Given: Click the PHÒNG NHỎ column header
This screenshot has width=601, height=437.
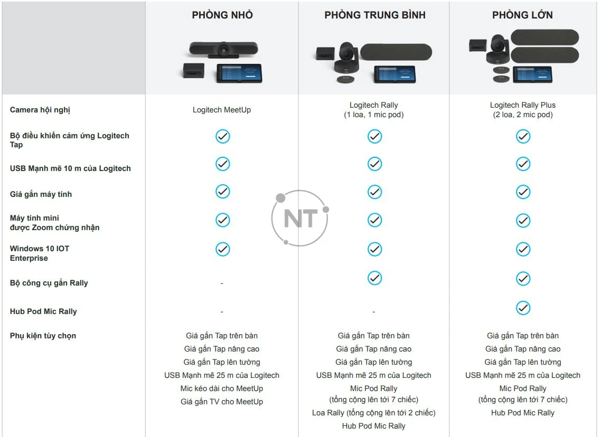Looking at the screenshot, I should (x=222, y=15).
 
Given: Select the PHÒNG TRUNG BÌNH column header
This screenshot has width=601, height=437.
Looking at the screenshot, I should (x=374, y=15).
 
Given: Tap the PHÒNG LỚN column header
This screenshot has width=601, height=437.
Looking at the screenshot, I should (x=522, y=15).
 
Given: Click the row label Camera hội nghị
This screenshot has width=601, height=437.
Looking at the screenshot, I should (x=40, y=110).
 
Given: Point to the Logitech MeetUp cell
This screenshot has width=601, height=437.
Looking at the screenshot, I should (x=222, y=110).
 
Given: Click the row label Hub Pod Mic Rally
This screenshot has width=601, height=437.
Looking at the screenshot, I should (x=43, y=311).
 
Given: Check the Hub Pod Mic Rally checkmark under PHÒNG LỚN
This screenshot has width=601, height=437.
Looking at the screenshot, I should (x=523, y=308).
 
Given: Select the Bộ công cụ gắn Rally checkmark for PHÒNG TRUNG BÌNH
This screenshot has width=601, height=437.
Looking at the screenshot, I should (x=374, y=278).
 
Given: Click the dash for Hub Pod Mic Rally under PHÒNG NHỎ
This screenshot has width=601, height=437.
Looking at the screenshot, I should (x=222, y=312).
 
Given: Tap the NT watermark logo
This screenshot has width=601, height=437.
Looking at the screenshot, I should (x=300, y=218).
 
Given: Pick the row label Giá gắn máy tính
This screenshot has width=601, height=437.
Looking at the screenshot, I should (x=41, y=194).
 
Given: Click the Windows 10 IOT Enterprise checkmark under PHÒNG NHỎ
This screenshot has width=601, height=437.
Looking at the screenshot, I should (x=223, y=249).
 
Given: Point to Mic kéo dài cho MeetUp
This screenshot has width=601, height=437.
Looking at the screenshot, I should (x=222, y=388).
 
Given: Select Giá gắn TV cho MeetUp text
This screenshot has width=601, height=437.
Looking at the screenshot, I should (x=222, y=402).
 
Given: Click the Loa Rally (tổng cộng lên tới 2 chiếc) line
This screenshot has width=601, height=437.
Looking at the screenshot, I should (x=374, y=413).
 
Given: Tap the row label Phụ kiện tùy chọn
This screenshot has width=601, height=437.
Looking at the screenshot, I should (x=43, y=336).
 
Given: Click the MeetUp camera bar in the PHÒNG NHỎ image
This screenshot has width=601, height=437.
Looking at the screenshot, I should (x=223, y=49).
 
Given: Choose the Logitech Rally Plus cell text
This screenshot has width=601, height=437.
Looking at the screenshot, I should (x=523, y=105).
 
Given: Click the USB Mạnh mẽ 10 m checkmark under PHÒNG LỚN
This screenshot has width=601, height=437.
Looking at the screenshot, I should (x=523, y=164).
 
